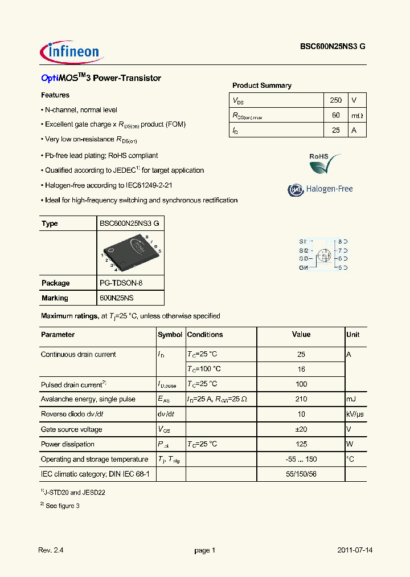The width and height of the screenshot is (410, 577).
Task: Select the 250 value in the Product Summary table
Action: point(335,100)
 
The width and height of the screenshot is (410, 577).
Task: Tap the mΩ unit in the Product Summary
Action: point(356,116)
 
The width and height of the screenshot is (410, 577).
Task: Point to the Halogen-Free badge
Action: point(321,189)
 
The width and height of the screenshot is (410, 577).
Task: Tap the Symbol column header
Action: point(170,335)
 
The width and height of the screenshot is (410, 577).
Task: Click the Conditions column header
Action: point(205,335)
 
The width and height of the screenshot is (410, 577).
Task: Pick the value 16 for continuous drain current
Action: point(301,369)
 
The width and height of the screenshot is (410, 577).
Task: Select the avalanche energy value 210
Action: point(301,399)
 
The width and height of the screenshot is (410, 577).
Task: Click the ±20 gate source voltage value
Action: point(301,429)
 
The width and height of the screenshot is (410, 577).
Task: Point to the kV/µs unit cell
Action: point(356,415)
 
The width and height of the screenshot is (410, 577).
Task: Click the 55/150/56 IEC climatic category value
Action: point(301,474)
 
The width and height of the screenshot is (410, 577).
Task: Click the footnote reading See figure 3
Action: point(61,506)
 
